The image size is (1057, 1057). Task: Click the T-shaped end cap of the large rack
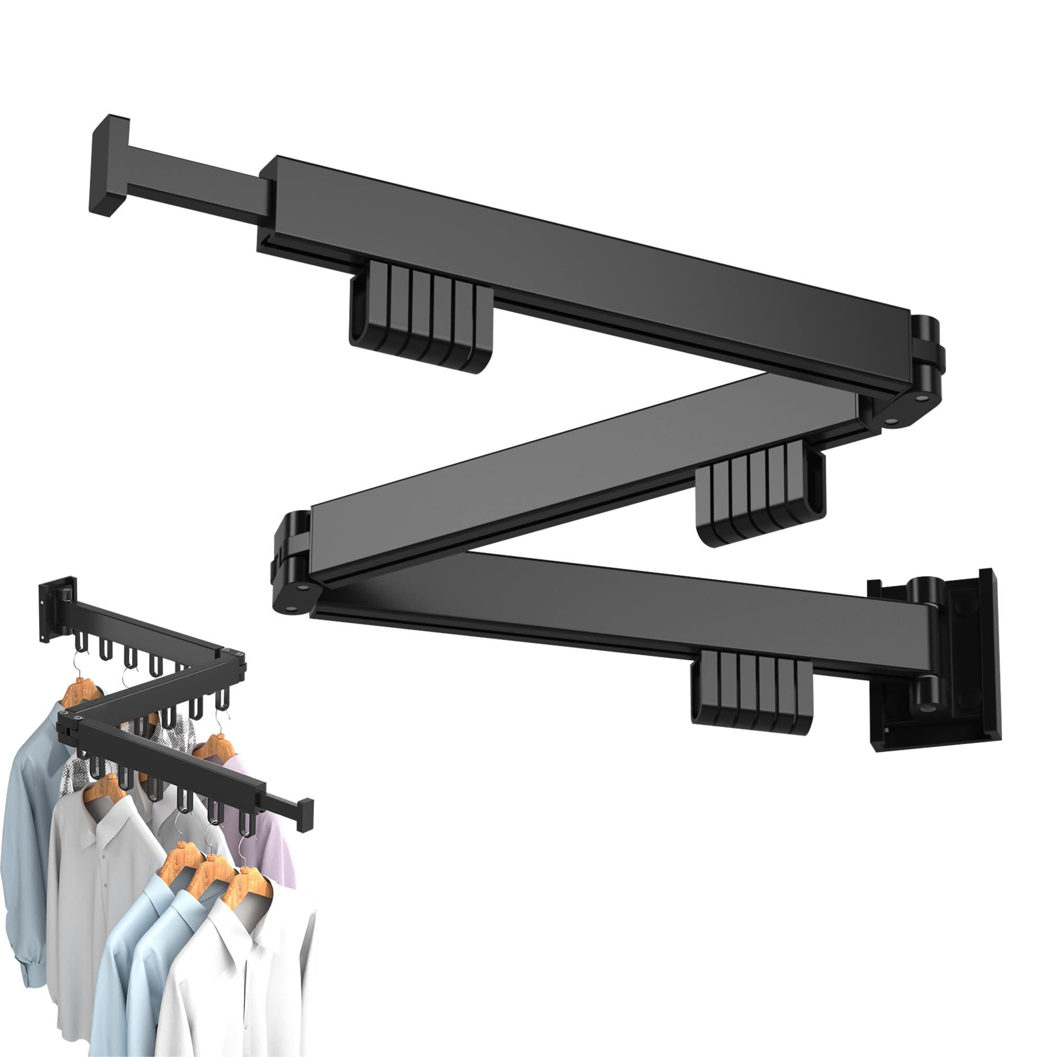point(109,165)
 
